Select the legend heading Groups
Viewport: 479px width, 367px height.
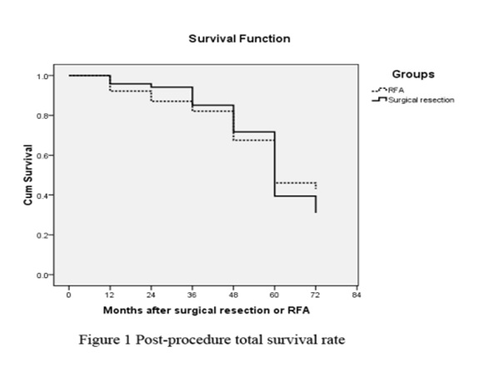point(413,74)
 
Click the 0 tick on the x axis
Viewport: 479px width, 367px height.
point(69,295)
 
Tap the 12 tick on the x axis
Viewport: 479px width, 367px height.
point(110,295)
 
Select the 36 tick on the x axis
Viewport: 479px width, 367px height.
point(192,295)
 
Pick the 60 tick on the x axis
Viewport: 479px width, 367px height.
point(275,295)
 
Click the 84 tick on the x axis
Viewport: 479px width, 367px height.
point(357,295)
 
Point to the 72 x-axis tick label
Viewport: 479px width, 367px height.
point(316,295)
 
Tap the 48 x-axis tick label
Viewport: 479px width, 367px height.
point(233,295)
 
